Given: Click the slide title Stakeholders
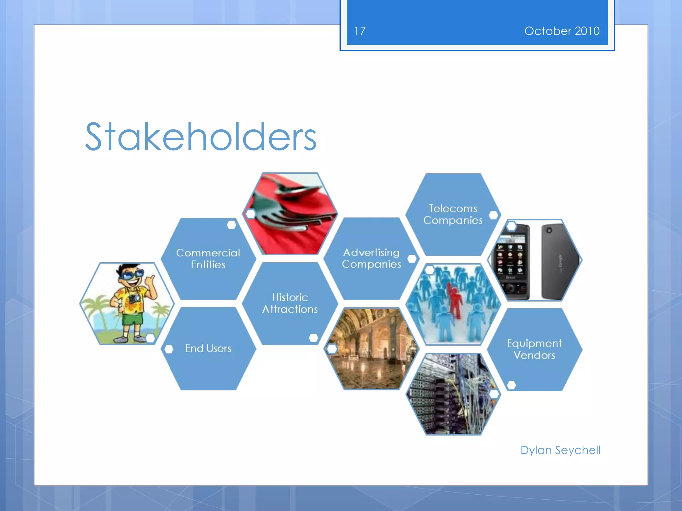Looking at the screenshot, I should [x=200, y=137].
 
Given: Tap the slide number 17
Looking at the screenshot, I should [x=360, y=31].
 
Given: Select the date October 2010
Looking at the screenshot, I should [x=562, y=31].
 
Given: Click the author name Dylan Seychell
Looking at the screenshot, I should [x=560, y=450].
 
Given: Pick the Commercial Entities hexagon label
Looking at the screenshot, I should [x=208, y=259].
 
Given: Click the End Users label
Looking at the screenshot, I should [x=208, y=348].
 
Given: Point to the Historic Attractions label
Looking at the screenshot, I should [x=290, y=303].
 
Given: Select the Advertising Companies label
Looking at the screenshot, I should [x=371, y=258].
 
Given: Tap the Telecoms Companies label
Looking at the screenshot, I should [x=453, y=214].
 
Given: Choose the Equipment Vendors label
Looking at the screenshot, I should [x=534, y=349].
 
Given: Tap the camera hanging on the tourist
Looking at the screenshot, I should [x=135, y=298].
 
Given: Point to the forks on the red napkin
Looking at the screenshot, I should [x=293, y=213].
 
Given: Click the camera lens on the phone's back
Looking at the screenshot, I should [x=549, y=230].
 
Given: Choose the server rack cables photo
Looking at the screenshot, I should [x=453, y=394].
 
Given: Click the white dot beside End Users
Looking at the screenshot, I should [x=169, y=349].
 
